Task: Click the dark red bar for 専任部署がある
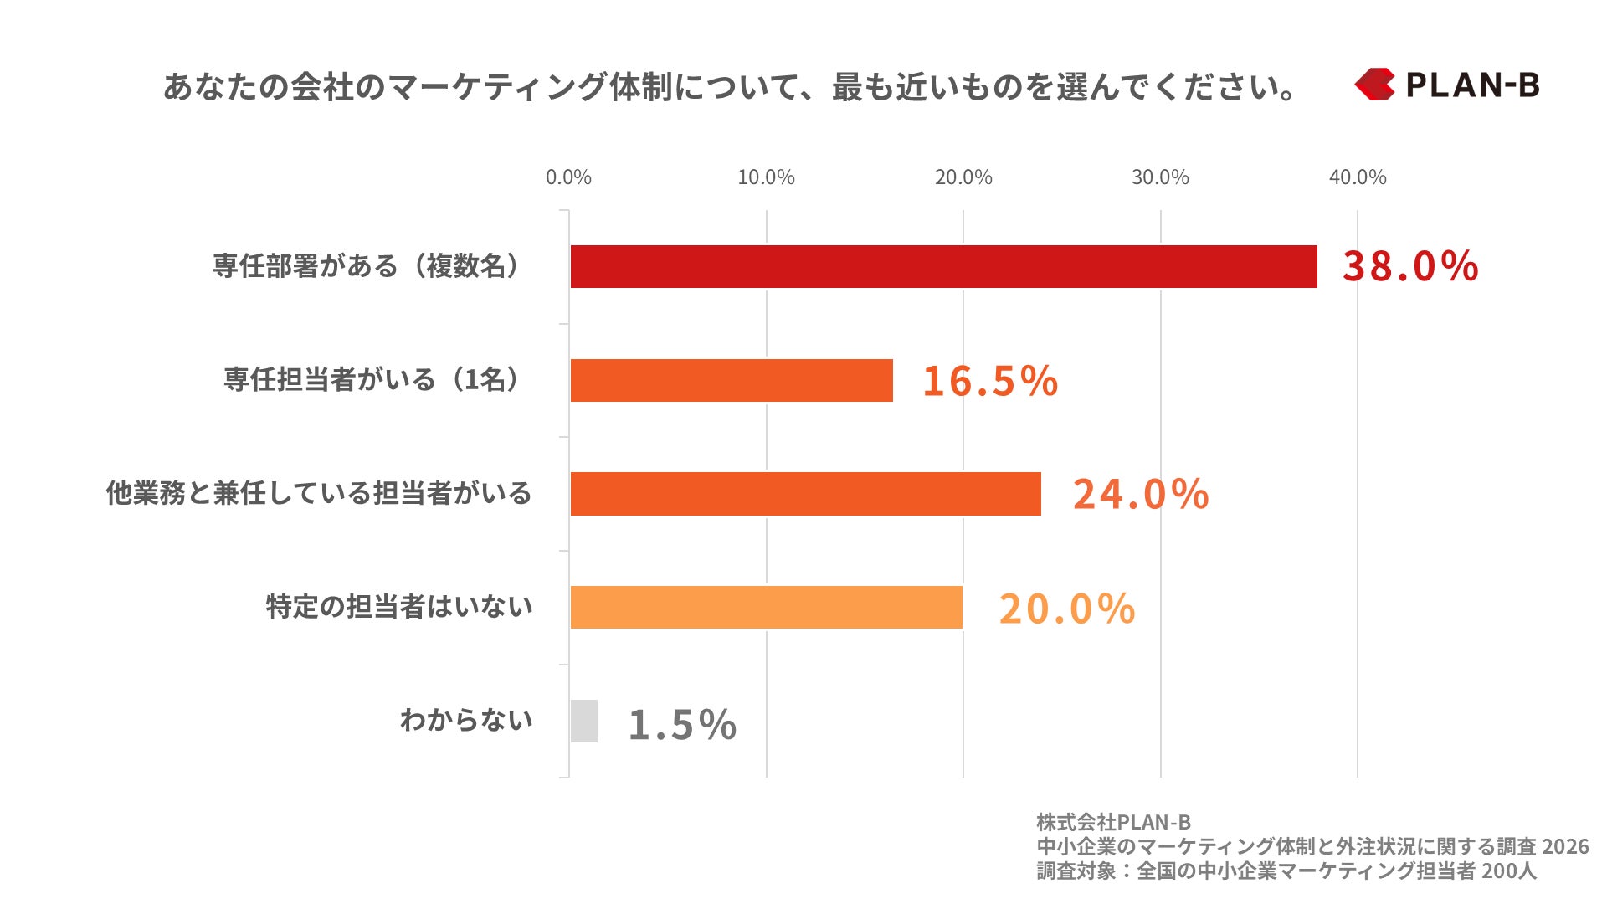coord(943,266)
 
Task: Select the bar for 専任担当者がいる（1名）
coord(732,380)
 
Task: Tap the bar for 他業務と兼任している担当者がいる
coord(805,494)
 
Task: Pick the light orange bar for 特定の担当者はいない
coord(766,607)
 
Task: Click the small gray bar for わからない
coord(584,721)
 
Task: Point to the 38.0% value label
coord(1410,266)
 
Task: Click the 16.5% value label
coord(990,381)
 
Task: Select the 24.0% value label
coord(1141,494)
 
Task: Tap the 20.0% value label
coord(1067,609)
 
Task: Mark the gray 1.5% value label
coord(682,724)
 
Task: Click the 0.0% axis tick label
coord(568,177)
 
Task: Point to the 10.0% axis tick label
coord(766,177)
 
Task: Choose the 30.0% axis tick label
coord(1160,177)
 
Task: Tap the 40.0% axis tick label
coord(1358,177)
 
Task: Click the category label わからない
coord(466,720)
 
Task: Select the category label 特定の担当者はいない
coord(399,606)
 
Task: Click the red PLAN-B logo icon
coord(1374,85)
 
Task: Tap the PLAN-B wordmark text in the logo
coord(1472,85)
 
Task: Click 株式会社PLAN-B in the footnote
coord(1113,822)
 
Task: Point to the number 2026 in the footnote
coord(1565,846)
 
